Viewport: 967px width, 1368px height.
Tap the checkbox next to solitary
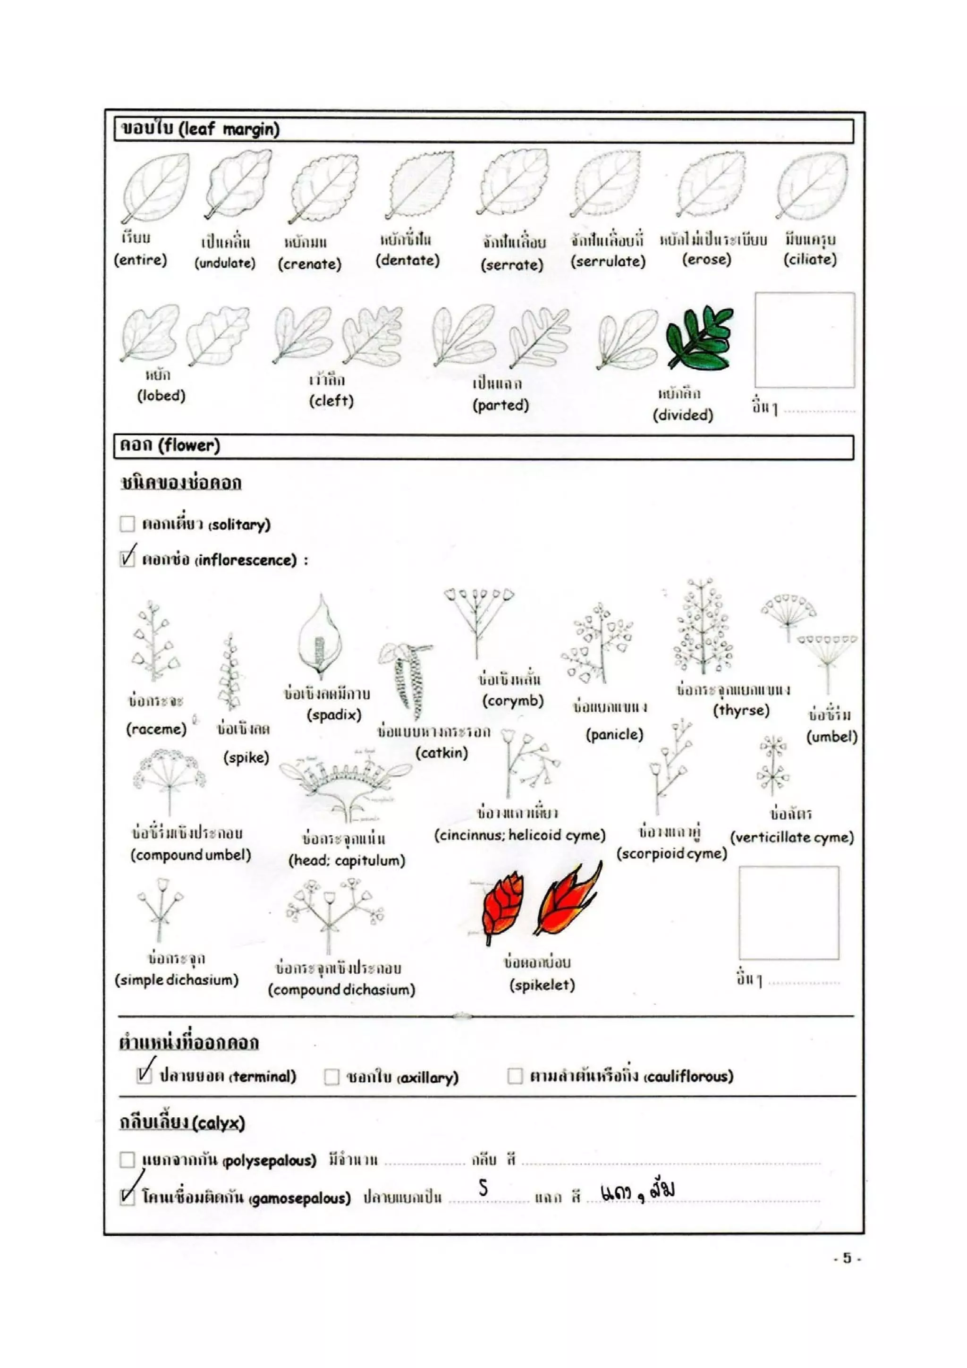point(127,524)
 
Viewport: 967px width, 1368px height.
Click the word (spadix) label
point(334,715)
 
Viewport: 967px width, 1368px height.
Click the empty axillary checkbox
point(331,1077)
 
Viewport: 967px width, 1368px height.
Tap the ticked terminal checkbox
point(144,1075)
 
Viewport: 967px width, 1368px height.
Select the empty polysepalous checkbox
point(127,1159)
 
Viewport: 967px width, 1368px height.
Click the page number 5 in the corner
point(847,1258)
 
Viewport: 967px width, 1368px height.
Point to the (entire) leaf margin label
point(141,260)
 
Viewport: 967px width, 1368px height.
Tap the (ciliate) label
point(810,259)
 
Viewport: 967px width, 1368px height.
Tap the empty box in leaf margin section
point(805,340)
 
